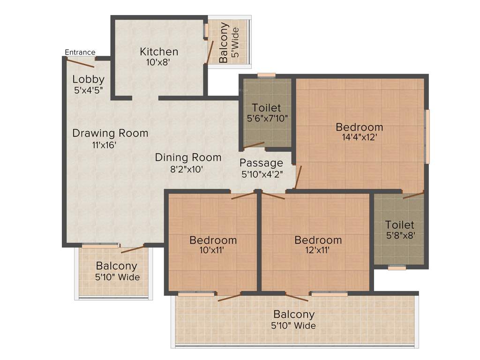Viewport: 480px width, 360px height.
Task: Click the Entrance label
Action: coord(80,52)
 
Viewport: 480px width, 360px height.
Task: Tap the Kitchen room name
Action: coord(159,52)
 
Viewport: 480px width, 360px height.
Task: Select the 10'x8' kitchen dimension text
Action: coord(159,62)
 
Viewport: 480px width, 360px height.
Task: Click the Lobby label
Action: coord(88,79)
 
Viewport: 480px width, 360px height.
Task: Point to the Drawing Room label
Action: coord(110,133)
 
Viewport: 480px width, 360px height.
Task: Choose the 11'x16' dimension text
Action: coord(104,145)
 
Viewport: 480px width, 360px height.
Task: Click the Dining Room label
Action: coord(188,157)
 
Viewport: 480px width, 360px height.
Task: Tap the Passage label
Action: coord(261,163)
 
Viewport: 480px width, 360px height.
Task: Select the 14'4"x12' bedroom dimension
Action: coord(359,137)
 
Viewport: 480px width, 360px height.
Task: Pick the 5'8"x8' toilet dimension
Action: coord(399,235)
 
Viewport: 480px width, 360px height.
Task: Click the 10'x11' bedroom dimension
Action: coord(213,250)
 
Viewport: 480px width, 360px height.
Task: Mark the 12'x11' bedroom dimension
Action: coord(318,250)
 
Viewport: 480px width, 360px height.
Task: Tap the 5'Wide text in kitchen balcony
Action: coord(236,43)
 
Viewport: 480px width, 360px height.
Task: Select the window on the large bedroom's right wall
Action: coord(427,136)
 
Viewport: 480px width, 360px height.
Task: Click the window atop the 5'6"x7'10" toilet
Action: coord(266,75)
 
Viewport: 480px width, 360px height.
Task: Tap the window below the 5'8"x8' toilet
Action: coord(397,268)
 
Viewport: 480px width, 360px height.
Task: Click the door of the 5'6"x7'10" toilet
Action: coord(253,145)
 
